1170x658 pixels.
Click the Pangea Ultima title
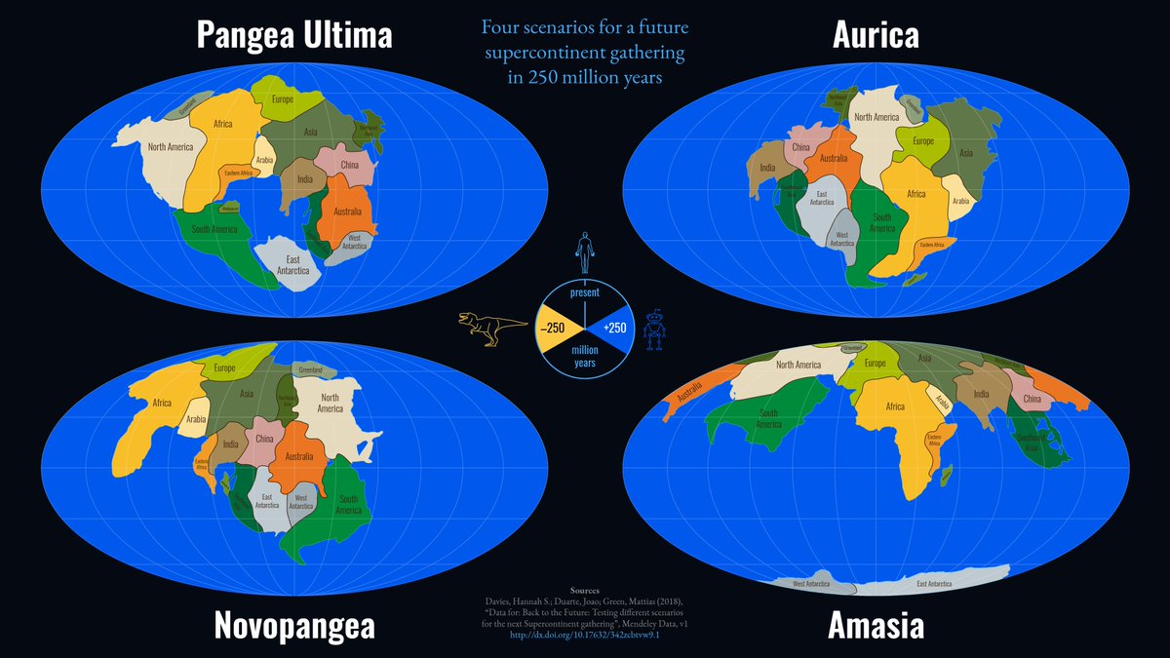pyautogui.click(x=294, y=35)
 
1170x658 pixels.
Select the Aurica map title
pyautogui.click(x=876, y=35)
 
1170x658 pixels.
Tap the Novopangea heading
pyautogui.click(x=294, y=626)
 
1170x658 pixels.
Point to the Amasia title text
pyautogui.click(x=875, y=626)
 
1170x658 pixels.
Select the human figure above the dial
pyautogui.click(x=584, y=252)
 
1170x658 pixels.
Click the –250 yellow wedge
pyautogui.click(x=553, y=328)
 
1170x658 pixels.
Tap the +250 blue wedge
pyautogui.click(x=615, y=328)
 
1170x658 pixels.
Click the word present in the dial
pyautogui.click(x=584, y=291)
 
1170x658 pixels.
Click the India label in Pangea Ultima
pyautogui.click(x=304, y=178)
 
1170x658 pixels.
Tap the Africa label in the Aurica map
pyautogui.click(x=916, y=194)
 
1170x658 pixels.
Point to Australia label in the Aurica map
pyautogui.click(x=833, y=158)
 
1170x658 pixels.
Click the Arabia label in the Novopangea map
pyautogui.click(x=195, y=420)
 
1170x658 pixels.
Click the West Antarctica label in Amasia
pyautogui.click(x=812, y=584)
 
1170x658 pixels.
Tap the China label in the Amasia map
pyautogui.click(x=1033, y=399)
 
